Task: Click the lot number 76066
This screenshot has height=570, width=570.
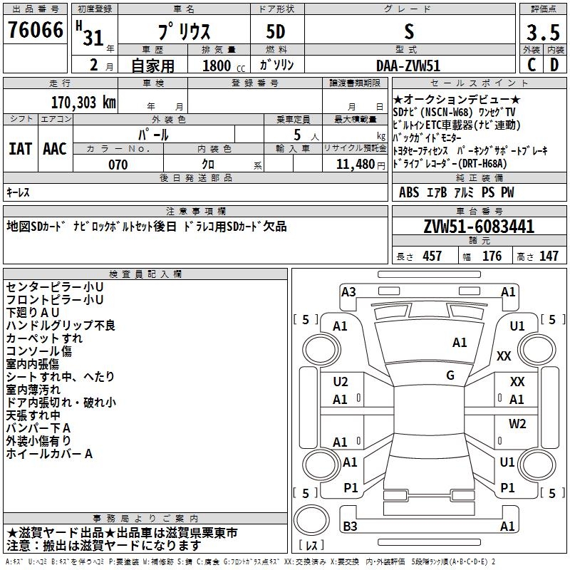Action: (35, 30)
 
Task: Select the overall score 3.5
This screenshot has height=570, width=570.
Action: (543, 32)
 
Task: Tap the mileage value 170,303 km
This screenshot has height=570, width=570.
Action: (83, 103)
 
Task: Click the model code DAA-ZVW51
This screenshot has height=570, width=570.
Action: (408, 66)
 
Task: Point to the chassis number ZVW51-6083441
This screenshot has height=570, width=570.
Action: (479, 227)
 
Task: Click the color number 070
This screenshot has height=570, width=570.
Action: (118, 165)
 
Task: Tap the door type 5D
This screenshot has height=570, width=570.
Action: (276, 32)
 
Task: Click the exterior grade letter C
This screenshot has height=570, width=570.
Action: (532, 65)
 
